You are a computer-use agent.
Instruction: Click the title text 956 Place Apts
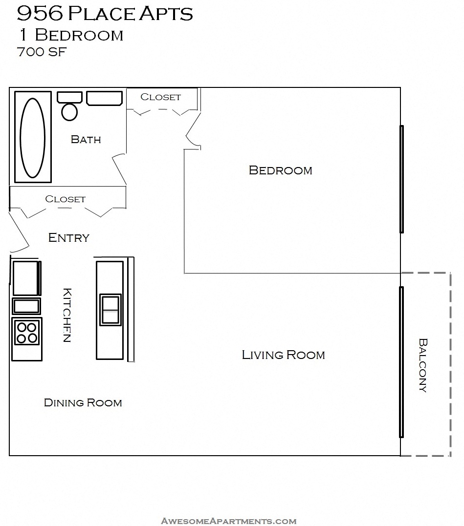(105, 14)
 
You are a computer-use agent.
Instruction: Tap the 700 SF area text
(42, 52)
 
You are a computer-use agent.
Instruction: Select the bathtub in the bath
(33, 137)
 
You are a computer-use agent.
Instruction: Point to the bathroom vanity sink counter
(105, 98)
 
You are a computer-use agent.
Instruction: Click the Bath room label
(86, 140)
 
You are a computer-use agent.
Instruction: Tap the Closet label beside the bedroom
(160, 97)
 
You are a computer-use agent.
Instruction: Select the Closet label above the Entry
(65, 199)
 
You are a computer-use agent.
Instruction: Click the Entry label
(69, 238)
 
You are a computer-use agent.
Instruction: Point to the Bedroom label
(280, 170)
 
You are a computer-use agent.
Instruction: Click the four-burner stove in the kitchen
(27, 333)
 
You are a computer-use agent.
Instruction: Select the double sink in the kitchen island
(110, 310)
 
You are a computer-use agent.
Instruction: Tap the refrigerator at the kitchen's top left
(25, 278)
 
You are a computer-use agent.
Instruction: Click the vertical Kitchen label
(67, 315)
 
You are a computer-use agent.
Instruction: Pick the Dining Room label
(83, 403)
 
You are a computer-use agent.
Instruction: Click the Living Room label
(283, 355)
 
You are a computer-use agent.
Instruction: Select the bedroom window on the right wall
(401, 179)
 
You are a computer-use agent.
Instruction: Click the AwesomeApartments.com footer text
(228, 521)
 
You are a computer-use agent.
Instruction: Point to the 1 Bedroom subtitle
(71, 35)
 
